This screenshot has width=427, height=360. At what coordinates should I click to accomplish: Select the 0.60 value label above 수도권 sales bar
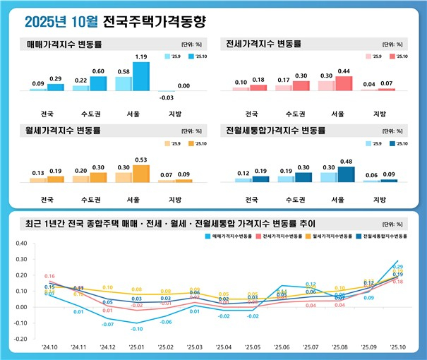[98, 71]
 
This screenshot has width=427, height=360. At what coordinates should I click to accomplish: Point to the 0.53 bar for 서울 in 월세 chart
[140, 174]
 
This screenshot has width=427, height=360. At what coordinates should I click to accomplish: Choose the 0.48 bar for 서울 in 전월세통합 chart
[346, 174]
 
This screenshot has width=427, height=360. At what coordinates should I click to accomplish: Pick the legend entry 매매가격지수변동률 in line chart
[230, 236]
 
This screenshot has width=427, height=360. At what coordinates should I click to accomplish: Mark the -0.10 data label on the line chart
[136, 329]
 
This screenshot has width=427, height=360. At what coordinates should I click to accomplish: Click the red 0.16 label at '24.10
[50, 276]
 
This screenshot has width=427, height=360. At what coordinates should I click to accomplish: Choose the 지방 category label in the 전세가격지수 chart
[379, 114]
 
